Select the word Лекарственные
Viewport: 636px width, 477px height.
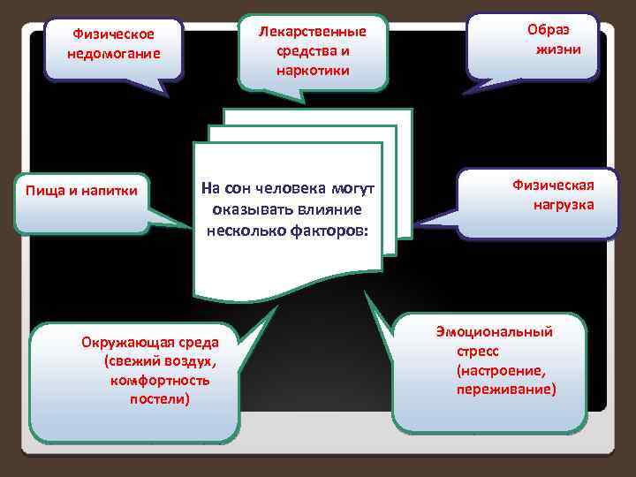point(312,32)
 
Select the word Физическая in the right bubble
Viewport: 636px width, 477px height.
point(553,185)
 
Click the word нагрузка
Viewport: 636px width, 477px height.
point(563,205)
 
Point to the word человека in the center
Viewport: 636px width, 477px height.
point(292,188)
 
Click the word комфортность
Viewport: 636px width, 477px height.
point(160,380)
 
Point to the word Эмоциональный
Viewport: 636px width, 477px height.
point(494,332)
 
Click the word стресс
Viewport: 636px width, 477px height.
point(478,351)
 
